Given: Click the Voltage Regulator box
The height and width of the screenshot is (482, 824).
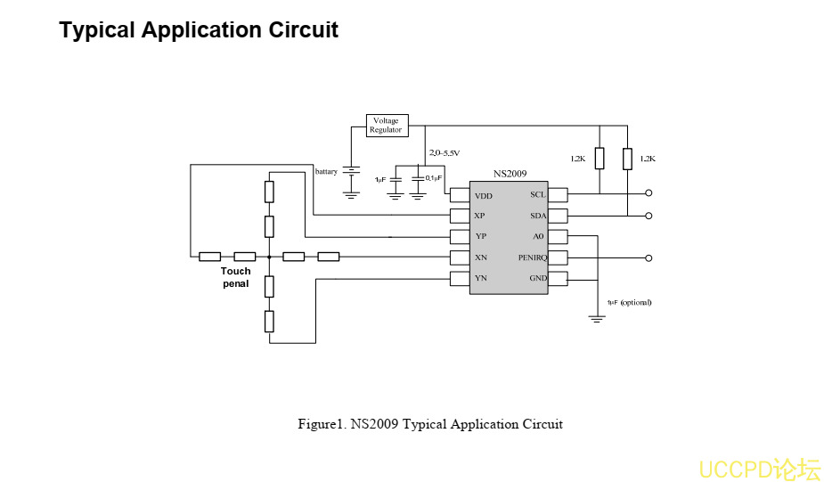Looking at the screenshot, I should point(386,125).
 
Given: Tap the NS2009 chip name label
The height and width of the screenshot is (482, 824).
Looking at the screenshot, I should point(510,175).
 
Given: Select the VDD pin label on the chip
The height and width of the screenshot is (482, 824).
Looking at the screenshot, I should point(483,196).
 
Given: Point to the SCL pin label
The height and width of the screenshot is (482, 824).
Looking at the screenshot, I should point(537,194).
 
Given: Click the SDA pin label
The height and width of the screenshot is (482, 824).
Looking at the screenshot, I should point(537,216).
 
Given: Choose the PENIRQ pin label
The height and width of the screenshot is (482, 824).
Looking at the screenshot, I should point(532,257).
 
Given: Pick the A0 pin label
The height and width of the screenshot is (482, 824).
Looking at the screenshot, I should point(538,237).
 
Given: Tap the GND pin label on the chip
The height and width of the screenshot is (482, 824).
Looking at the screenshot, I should point(538,278).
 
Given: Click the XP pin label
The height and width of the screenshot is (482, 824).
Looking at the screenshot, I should point(480,216).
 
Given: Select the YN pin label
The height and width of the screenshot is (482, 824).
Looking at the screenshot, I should point(480,278).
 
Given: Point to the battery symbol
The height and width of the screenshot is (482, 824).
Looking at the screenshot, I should point(351,171).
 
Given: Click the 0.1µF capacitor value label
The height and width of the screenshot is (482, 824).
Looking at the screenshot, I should point(434,178).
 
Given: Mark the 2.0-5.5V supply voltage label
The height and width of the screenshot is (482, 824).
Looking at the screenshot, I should point(444,153).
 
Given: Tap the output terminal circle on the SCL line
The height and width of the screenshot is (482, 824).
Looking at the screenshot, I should point(649,193).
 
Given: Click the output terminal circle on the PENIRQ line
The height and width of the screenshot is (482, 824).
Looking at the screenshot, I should point(649,257).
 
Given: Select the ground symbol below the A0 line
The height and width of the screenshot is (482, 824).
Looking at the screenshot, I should point(597,318).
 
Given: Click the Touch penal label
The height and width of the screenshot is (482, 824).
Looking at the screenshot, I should point(236,277).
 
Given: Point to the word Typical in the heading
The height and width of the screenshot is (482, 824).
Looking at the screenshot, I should point(97,30).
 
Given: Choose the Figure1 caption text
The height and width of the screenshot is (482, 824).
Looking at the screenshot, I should point(429,424).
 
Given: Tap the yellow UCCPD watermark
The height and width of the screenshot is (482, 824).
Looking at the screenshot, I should point(759,469).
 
